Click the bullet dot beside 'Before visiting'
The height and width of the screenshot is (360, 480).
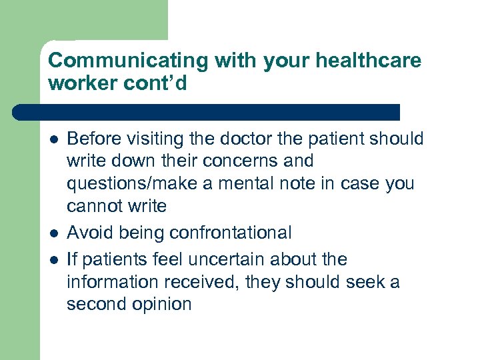click(53, 139)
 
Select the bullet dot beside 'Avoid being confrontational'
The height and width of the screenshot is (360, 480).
click(53, 233)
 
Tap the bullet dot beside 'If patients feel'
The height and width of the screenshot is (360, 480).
click(53, 259)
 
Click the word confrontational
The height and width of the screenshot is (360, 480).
click(231, 233)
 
